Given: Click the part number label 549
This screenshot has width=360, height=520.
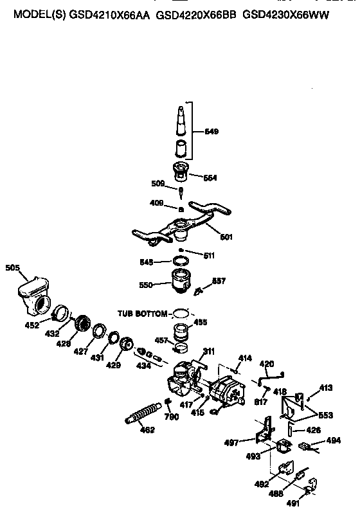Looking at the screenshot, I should click(x=212, y=132).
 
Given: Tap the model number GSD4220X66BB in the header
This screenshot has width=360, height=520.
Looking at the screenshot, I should click(x=197, y=14).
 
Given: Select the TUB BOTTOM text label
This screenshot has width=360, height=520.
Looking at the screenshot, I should click(x=141, y=313).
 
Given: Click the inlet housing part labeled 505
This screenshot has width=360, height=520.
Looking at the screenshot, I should click(x=33, y=292).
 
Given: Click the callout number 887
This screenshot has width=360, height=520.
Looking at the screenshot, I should click(x=219, y=280).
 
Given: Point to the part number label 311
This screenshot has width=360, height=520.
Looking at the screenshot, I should click(x=209, y=350).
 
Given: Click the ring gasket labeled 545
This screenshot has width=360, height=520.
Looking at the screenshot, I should click(x=183, y=262).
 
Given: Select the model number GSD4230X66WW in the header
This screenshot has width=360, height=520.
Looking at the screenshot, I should click(x=286, y=14).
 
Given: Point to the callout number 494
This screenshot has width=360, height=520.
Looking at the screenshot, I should click(x=333, y=440).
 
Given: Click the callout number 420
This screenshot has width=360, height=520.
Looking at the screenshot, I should click(x=266, y=364).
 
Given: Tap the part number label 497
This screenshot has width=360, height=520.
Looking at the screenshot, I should click(x=248, y=442).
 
